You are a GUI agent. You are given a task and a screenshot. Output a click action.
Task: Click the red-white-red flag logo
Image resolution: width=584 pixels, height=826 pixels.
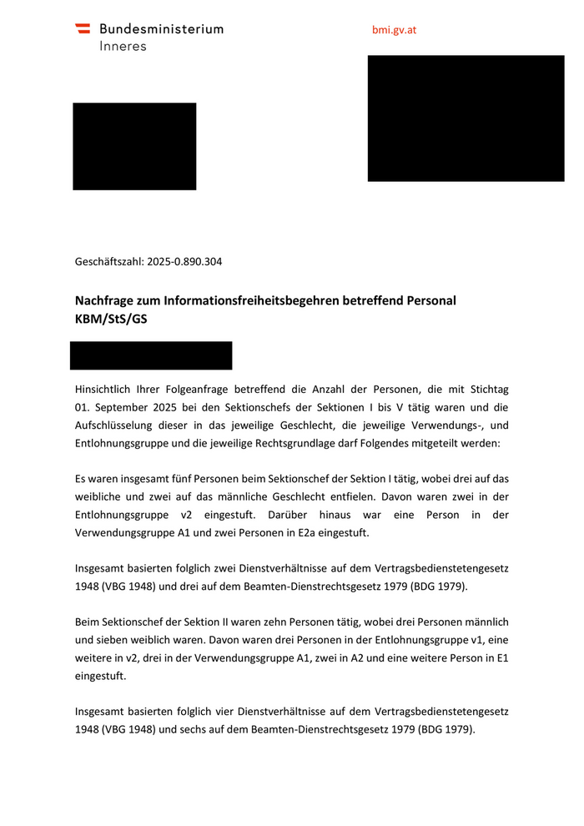tap(83, 28)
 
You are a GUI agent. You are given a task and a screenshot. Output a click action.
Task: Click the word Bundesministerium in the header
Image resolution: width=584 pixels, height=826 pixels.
tap(161, 29)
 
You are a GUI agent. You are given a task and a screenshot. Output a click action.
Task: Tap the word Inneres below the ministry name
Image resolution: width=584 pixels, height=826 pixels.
tap(123, 47)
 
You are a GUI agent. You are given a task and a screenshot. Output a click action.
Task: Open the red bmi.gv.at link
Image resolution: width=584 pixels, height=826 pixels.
tap(394, 30)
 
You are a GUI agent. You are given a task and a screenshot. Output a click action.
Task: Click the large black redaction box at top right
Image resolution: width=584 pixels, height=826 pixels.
tap(466, 118)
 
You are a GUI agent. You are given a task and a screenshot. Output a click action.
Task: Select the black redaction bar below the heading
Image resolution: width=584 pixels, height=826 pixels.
tap(151, 355)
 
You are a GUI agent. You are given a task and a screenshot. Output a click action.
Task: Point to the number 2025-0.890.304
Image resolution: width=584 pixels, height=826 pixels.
tap(184, 262)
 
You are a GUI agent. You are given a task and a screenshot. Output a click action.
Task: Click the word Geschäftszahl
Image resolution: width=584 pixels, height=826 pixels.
tap(108, 262)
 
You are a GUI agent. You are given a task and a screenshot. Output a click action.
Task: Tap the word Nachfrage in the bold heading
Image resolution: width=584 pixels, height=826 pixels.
tap(106, 300)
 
